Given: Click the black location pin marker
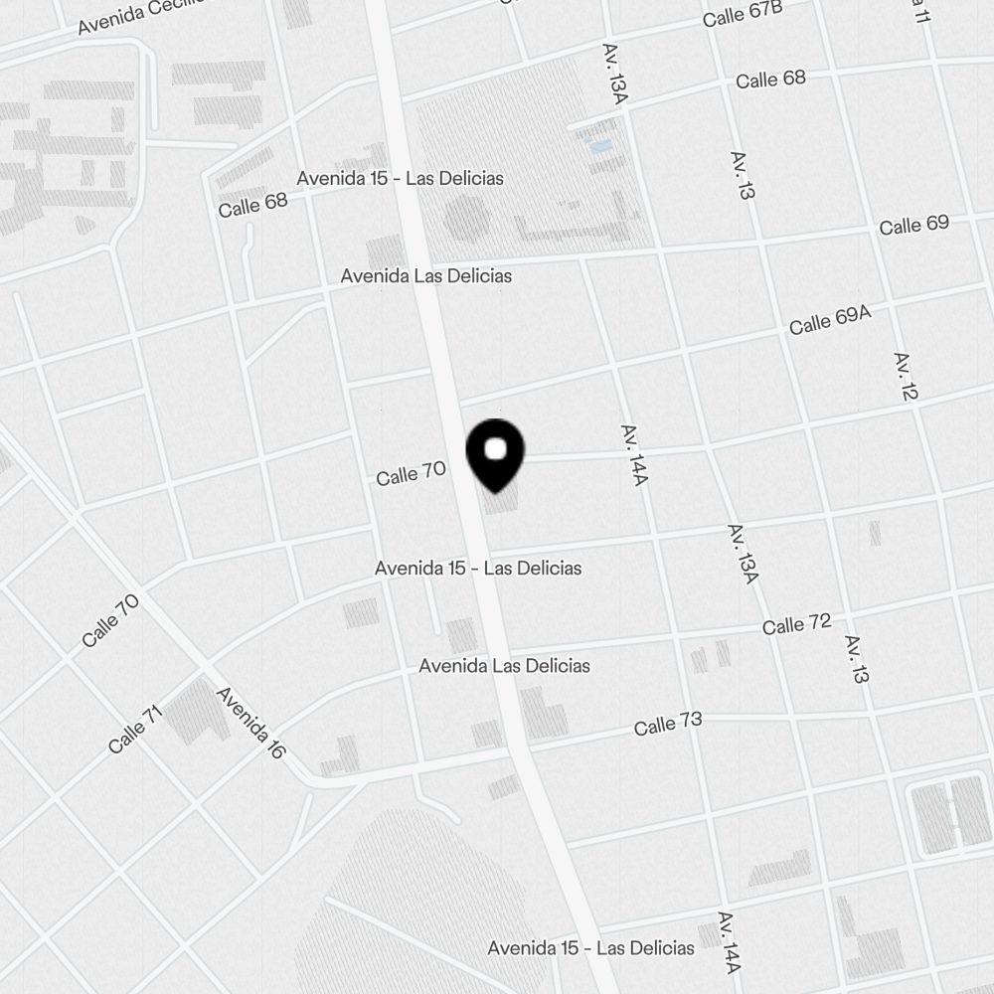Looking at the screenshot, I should click(x=494, y=452).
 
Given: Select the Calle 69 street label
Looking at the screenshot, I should click(x=913, y=225).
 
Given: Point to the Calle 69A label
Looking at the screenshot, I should click(x=830, y=320).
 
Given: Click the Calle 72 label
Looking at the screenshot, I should click(x=796, y=625).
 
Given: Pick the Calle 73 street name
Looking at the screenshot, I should click(x=668, y=725).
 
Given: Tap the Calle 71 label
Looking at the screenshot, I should click(x=134, y=730).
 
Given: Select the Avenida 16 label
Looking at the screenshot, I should click(x=250, y=724).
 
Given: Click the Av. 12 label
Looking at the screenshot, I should click(x=906, y=376).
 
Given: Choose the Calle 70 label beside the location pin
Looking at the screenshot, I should click(x=411, y=473).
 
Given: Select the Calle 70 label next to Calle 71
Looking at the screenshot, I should click(x=110, y=620).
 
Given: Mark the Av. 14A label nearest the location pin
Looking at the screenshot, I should click(x=634, y=455).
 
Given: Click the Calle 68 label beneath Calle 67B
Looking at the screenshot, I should click(x=770, y=79).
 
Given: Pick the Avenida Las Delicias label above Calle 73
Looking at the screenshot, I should click(x=504, y=665).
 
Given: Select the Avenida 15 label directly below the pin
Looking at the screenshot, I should click(x=478, y=568).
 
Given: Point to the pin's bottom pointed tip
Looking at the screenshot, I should click(x=494, y=491).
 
